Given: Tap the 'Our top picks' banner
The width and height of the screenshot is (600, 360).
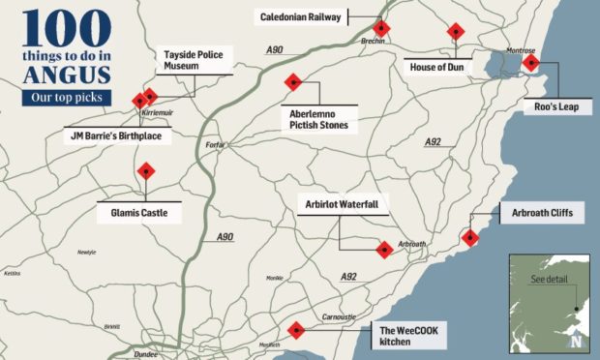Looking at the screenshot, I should point(66,98).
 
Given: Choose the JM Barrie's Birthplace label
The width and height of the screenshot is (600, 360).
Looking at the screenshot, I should point(115,136).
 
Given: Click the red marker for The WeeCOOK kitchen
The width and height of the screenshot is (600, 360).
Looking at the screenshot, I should point(296,331).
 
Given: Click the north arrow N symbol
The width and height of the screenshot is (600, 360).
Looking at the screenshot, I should point(577,340).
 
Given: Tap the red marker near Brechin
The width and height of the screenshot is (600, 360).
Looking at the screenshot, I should point(382,29).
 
